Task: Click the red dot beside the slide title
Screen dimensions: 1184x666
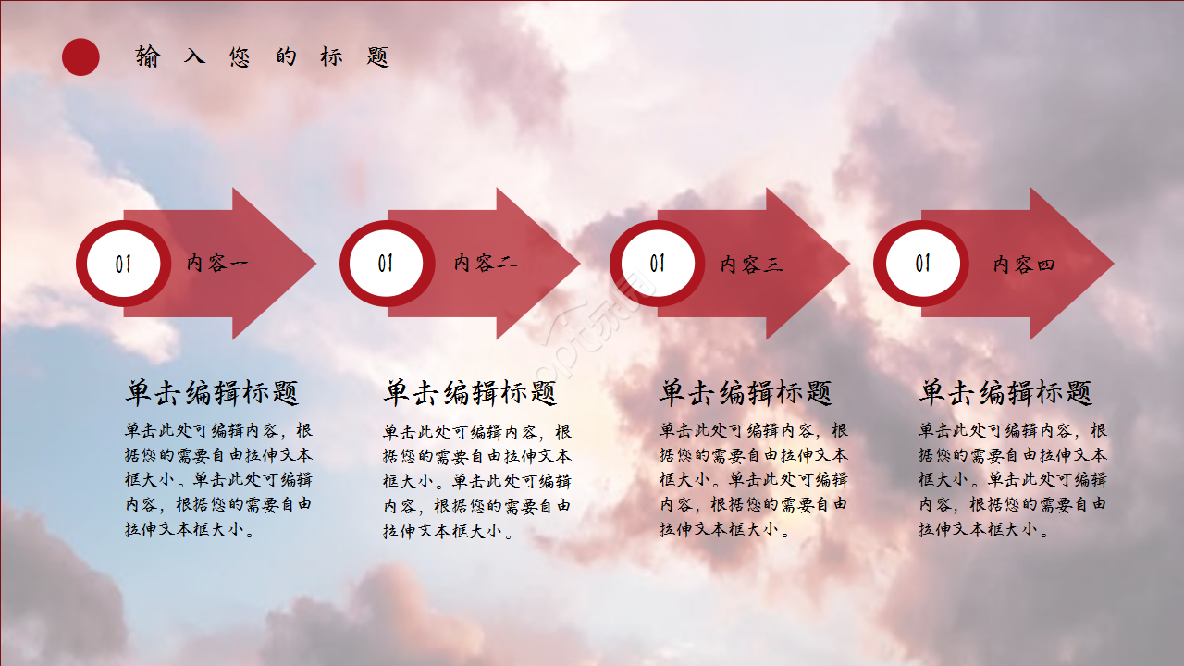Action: (x=80, y=56)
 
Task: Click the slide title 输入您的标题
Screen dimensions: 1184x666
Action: (x=262, y=56)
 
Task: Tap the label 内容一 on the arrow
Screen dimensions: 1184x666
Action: (x=217, y=264)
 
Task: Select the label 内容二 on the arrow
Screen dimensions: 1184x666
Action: (x=485, y=264)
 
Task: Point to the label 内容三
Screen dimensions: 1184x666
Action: (x=751, y=265)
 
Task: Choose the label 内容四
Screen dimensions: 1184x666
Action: (x=1024, y=265)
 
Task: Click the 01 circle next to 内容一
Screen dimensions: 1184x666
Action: (x=123, y=265)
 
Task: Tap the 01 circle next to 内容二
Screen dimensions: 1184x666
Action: (x=386, y=265)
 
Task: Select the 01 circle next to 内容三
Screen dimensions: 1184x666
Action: (x=657, y=265)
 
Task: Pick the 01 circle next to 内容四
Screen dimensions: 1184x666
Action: (x=922, y=265)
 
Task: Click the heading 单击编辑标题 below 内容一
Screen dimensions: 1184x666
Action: (x=212, y=393)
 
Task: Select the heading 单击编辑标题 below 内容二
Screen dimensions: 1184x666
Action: (x=470, y=393)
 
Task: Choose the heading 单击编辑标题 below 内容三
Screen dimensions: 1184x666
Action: (x=746, y=393)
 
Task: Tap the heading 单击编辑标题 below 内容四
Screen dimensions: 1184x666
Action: (x=1005, y=393)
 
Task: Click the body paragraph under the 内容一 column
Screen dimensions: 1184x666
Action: (x=218, y=480)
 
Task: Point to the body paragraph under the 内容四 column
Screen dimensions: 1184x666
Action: (x=1012, y=480)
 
